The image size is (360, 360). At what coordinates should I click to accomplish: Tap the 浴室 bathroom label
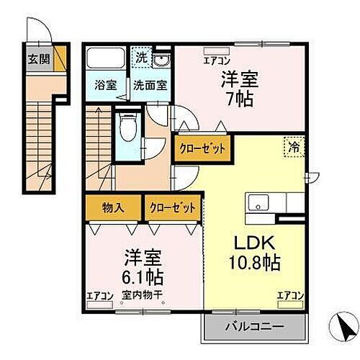pyautogui.click(x=106, y=84)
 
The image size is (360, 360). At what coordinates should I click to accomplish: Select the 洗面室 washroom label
pyautogui.click(x=150, y=84)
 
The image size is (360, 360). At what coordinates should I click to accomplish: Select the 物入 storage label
pyautogui.click(x=113, y=207)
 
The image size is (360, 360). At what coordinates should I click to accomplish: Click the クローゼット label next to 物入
pyautogui.click(x=172, y=207)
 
